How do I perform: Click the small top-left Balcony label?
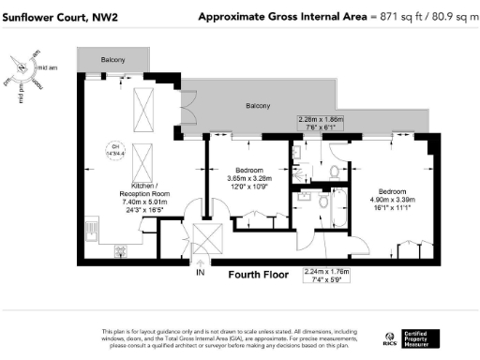pyautogui.click(x=113, y=60)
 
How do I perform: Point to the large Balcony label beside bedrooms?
pyautogui.click(x=259, y=107)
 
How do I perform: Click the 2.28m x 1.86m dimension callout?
pyautogui.click(x=321, y=119)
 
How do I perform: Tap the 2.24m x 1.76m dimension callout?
pyautogui.click(x=326, y=271)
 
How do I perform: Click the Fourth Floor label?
pyautogui.click(x=259, y=275)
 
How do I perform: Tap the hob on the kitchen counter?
pyautogui.click(x=121, y=250)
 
